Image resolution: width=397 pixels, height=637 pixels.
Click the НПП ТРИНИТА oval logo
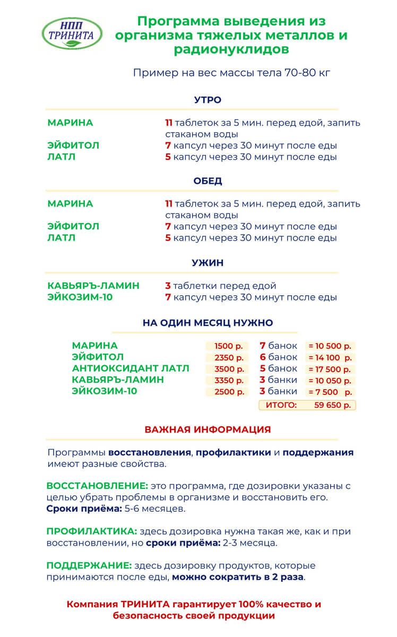click(x=72, y=33)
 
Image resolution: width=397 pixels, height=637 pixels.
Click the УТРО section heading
click(x=208, y=100)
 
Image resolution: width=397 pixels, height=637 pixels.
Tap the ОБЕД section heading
click(x=208, y=180)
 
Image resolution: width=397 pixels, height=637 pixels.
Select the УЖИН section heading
click(x=208, y=263)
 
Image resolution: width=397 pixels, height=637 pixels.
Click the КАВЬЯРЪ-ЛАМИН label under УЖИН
click(x=93, y=286)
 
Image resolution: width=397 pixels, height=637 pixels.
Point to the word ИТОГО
click(x=281, y=405)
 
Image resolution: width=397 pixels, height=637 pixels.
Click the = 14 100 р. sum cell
click(x=330, y=358)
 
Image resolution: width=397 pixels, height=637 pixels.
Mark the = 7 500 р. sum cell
click(x=330, y=392)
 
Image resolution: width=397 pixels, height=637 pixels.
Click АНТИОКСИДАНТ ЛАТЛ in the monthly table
click(x=131, y=368)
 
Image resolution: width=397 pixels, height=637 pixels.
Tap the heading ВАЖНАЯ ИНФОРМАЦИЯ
click(x=208, y=429)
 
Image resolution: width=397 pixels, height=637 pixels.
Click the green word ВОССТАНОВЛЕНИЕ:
click(x=97, y=486)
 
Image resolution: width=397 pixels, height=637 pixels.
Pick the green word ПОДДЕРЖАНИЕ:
click(x=89, y=565)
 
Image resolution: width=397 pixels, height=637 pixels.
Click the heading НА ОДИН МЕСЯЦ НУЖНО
click(x=208, y=323)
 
